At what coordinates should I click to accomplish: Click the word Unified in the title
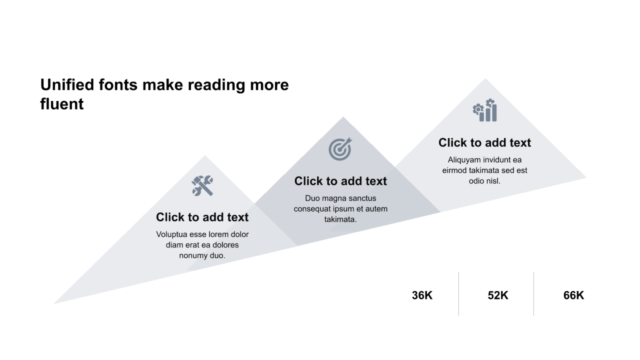pyautogui.click(x=67, y=85)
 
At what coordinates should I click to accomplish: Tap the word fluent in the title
pyautogui.click(x=62, y=103)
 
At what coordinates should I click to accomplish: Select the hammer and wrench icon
pyautogui.click(x=202, y=185)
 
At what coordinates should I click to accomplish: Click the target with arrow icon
pyautogui.click(x=340, y=149)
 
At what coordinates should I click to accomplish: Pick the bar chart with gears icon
pyautogui.click(x=485, y=110)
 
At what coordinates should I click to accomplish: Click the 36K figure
pyautogui.click(x=422, y=295)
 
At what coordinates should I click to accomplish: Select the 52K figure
pyautogui.click(x=498, y=295)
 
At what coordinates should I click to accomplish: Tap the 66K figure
pyautogui.click(x=573, y=295)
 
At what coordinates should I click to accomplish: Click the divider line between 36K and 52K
pyautogui.click(x=458, y=293)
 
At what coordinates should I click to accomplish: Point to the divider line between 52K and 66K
pyautogui.click(x=533, y=293)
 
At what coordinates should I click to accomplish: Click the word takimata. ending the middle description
pyautogui.click(x=340, y=219)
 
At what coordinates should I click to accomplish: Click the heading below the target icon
pyautogui.click(x=340, y=181)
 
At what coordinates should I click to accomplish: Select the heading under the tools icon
pyautogui.click(x=202, y=217)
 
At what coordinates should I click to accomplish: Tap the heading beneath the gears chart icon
pyautogui.click(x=485, y=142)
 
